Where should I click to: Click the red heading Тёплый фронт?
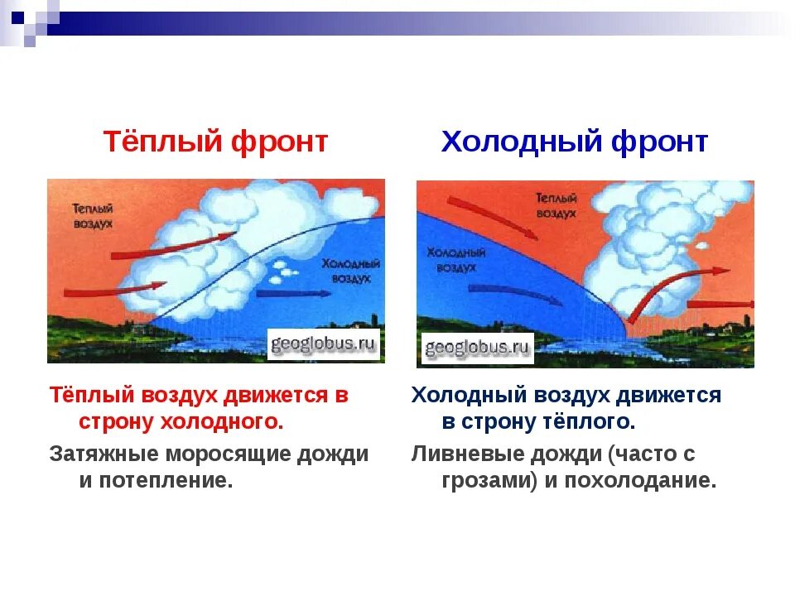[215, 142]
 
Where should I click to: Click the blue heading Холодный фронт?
[575, 142]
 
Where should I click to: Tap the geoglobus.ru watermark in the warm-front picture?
[324, 344]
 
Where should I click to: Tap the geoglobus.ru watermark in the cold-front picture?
[477, 348]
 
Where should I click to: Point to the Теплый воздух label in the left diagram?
[93, 216]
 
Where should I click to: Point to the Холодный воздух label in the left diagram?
[351, 271]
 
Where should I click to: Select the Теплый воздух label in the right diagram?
[556, 205]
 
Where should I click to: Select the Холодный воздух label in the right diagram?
[455, 259]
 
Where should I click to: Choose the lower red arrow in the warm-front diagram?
[115, 290]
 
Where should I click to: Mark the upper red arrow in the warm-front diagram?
[172, 247]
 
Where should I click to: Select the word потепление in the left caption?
[166, 480]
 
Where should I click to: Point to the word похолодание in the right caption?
[640, 480]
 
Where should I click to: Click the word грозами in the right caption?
[487, 480]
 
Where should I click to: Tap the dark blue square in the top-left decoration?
[17, 17]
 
